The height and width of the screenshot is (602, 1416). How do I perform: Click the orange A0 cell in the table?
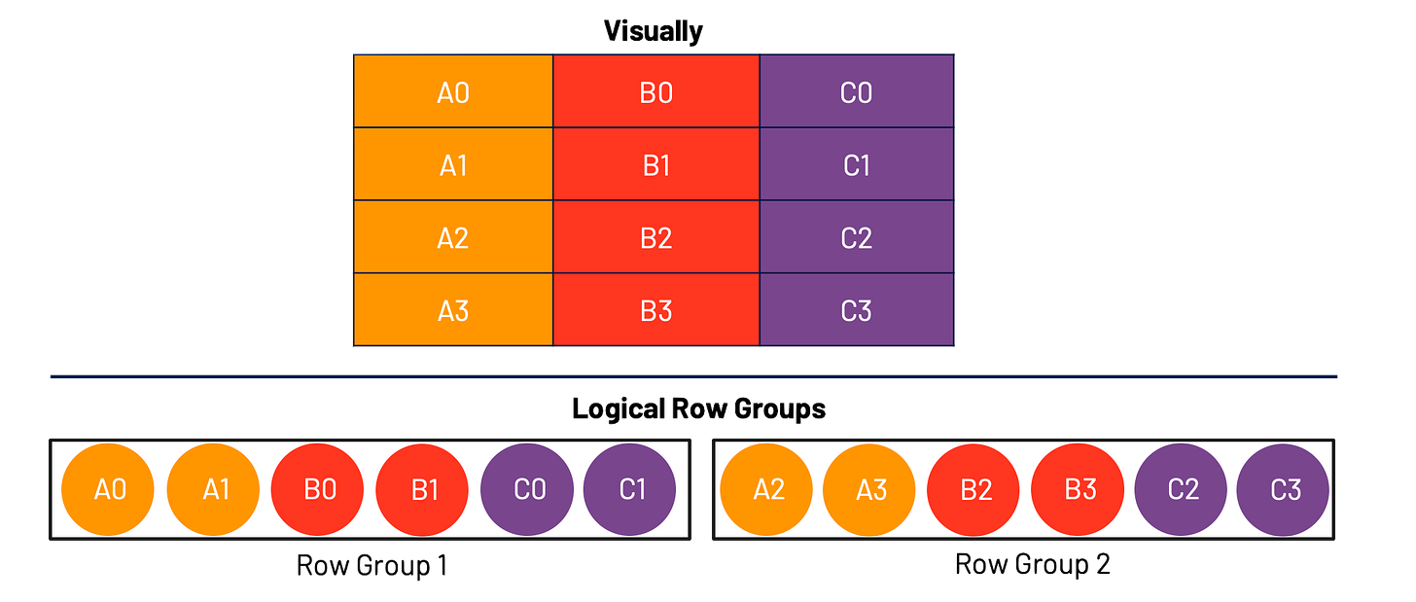453,91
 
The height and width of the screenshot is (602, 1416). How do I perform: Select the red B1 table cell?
656,164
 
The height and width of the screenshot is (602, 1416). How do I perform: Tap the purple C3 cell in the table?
856,310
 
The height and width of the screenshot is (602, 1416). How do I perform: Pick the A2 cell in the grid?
453,237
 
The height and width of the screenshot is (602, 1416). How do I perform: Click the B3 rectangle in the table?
656,310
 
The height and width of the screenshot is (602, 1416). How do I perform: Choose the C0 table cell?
856,91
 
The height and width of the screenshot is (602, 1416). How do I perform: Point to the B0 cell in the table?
656,91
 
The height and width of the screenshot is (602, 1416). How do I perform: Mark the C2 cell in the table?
856,237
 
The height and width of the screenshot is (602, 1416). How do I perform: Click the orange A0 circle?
109,489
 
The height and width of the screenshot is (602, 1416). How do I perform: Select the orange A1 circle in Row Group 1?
214,489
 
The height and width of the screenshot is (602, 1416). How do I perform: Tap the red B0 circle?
318,489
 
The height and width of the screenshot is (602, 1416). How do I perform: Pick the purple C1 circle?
630,489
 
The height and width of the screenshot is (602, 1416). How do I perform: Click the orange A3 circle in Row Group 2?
870,489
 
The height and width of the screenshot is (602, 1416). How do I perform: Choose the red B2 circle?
974,489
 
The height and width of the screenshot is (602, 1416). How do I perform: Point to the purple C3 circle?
1284,489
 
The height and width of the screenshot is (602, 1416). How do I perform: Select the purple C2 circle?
1182,489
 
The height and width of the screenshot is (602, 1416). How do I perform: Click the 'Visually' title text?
654,32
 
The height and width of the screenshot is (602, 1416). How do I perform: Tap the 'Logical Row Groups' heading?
697,409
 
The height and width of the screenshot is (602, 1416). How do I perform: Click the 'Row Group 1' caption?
371,565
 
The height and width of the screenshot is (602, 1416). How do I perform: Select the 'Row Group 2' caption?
1032,565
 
